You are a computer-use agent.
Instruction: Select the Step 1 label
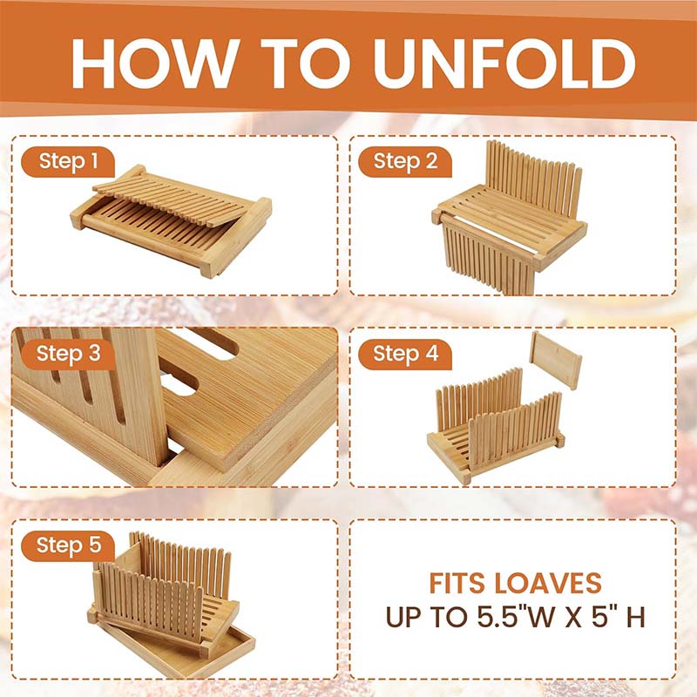click(68, 161)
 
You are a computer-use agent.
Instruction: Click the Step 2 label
click(405, 161)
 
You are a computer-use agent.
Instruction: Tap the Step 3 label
click(68, 355)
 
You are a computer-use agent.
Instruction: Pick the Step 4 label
click(405, 355)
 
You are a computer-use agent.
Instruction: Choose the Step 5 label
click(68, 545)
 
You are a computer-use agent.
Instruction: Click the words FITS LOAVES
click(515, 583)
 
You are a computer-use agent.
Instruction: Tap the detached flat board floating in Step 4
click(556, 360)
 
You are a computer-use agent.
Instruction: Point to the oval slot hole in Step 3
click(178, 383)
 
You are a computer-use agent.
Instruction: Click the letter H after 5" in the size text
click(636, 617)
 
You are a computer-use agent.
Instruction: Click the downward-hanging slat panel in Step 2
click(489, 258)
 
